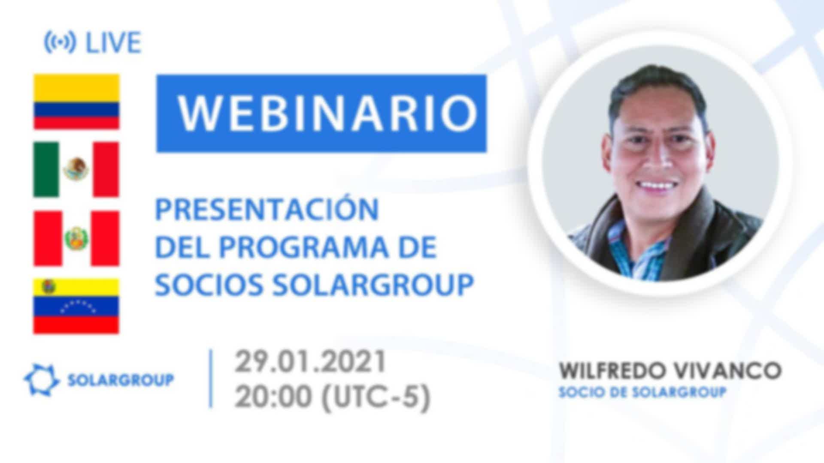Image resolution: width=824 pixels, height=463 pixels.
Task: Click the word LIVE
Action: point(114,42)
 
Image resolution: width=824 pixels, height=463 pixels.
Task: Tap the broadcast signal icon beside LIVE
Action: point(60,42)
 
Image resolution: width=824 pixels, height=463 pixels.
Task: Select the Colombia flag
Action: point(76,102)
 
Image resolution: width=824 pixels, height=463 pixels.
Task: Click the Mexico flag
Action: point(76,169)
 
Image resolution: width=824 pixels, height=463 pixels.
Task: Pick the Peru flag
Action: point(76,238)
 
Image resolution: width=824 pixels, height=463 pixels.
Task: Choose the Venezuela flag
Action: point(76,306)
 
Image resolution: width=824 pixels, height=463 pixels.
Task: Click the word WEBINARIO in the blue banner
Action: point(328,114)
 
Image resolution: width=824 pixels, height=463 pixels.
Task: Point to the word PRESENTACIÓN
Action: point(267,209)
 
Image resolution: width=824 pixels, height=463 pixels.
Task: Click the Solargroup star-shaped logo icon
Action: point(41,379)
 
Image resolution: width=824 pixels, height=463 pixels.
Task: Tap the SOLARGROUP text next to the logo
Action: point(121,380)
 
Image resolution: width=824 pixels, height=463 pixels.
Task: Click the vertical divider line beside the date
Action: point(211,379)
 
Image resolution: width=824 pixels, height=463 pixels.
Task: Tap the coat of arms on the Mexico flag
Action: point(76,169)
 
